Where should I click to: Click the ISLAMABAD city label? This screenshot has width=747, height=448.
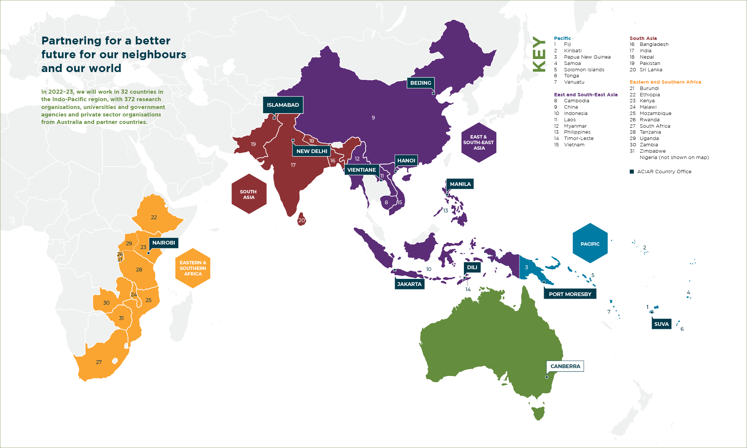[283, 105]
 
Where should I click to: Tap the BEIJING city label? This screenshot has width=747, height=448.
[421, 83]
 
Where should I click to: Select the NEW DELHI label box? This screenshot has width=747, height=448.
[311, 151]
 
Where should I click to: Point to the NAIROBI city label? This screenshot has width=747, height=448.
[164, 243]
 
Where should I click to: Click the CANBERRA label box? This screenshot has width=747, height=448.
[565, 366]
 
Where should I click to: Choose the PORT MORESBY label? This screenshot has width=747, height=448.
[570, 294]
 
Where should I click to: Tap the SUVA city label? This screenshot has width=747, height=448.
[661, 324]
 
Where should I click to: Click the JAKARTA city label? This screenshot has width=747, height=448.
[409, 284]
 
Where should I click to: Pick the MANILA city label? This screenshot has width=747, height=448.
[460, 184]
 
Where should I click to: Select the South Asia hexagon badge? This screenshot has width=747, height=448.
[249, 194]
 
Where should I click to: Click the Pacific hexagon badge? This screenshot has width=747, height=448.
[590, 243]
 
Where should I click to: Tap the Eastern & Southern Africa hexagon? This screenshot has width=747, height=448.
[193, 268]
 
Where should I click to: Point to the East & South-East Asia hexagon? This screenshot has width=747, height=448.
[478, 143]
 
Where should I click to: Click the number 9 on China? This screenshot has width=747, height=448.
[373, 118]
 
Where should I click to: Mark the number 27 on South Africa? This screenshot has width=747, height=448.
[99, 362]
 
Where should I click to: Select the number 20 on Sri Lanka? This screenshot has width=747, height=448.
[301, 220]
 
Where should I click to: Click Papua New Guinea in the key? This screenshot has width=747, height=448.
[587, 57]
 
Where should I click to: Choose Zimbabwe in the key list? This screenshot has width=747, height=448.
[653, 151]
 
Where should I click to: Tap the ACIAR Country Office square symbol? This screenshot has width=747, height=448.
[632, 172]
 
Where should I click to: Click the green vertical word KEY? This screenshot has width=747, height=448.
[539, 54]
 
